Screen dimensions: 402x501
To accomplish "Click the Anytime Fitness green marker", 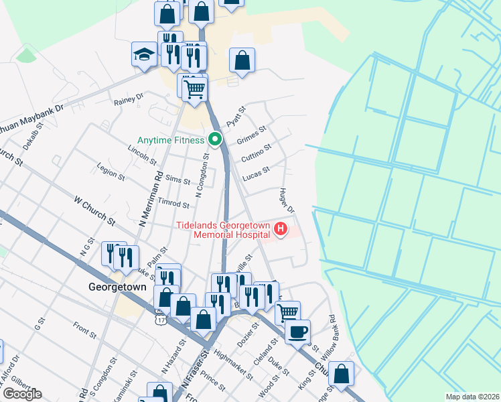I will [215, 140].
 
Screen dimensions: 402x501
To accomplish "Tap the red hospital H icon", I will [281, 230].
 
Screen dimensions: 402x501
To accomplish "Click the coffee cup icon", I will [297, 330].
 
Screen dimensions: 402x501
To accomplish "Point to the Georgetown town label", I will [117, 286].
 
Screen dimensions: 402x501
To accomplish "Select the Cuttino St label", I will [257, 151].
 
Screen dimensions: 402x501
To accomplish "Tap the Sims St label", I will [177, 180].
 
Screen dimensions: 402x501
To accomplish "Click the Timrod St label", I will [159, 204].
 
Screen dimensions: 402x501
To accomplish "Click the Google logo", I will [21, 393].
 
